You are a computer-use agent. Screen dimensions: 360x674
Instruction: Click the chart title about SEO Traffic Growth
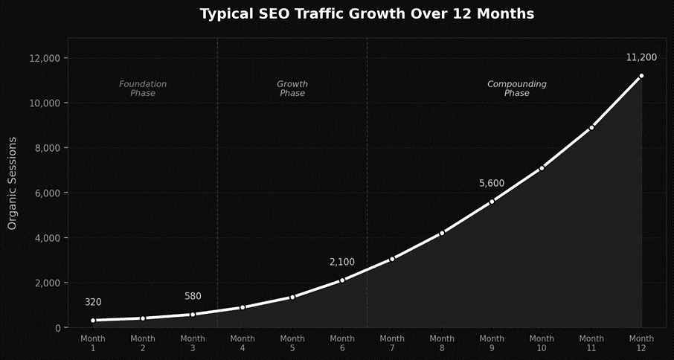[x=367, y=13]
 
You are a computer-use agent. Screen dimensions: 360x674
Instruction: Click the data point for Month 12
[x=641, y=76]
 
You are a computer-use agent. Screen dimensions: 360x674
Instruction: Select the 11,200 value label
[x=641, y=57]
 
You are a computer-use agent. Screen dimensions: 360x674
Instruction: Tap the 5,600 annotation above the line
[x=492, y=183]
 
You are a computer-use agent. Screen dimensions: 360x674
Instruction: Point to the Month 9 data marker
[x=492, y=202]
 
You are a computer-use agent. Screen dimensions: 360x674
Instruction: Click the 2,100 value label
[x=342, y=262]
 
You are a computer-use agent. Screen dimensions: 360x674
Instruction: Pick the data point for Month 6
[x=342, y=280]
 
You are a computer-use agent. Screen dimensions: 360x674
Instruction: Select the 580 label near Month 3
[x=193, y=296]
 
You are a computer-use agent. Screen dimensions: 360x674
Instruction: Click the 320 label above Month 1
[x=93, y=302]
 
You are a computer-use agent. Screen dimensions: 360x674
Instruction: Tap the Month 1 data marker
[x=93, y=321]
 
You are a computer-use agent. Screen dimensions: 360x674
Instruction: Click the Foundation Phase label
[x=143, y=89]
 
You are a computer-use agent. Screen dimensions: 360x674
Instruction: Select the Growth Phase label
[x=292, y=89]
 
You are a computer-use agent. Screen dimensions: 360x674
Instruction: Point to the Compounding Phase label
[x=517, y=89]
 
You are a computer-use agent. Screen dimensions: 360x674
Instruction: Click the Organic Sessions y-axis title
[x=12, y=182]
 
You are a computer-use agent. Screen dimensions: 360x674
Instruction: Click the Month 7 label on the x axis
[x=392, y=343]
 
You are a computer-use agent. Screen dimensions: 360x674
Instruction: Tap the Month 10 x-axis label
[x=542, y=343]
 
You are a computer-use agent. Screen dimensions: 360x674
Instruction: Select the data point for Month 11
[x=591, y=128]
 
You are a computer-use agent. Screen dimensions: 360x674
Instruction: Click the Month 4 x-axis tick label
[x=243, y=343]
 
